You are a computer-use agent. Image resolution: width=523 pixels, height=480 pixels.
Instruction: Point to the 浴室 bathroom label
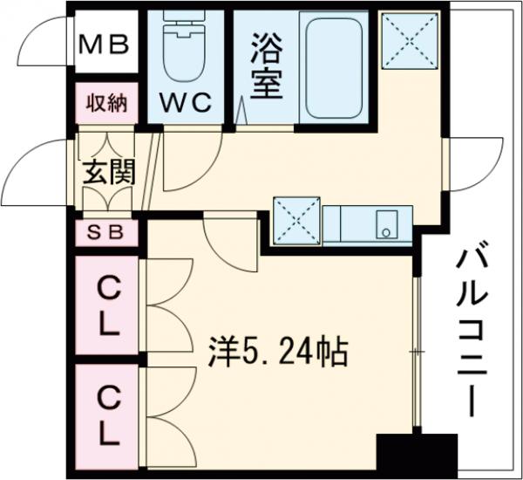pyautogui.click(x=266, y=67)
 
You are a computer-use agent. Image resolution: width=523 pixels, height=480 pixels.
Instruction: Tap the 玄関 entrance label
pyautogui.click(x=108, y=173)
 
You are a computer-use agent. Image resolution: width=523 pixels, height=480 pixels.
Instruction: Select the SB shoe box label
pyautogui.click(x=108, y=232)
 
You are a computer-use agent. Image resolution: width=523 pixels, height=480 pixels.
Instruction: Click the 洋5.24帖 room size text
pyautogui.click(x=277, y=353)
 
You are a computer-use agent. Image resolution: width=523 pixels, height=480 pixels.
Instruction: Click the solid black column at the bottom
pyautogui.click(x=417, y=454)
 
